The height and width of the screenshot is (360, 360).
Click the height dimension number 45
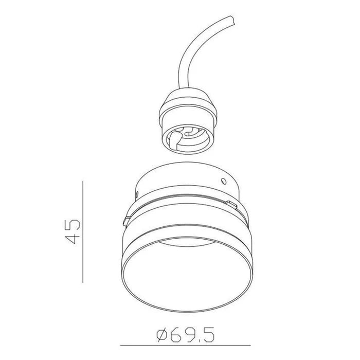click(x=73, y=231)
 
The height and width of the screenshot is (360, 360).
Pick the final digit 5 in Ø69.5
click(x=209, y=335)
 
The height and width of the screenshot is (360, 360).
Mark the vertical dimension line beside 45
click(x=83, y=232)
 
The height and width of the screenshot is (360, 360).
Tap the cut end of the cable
click(x=232, y=20)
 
